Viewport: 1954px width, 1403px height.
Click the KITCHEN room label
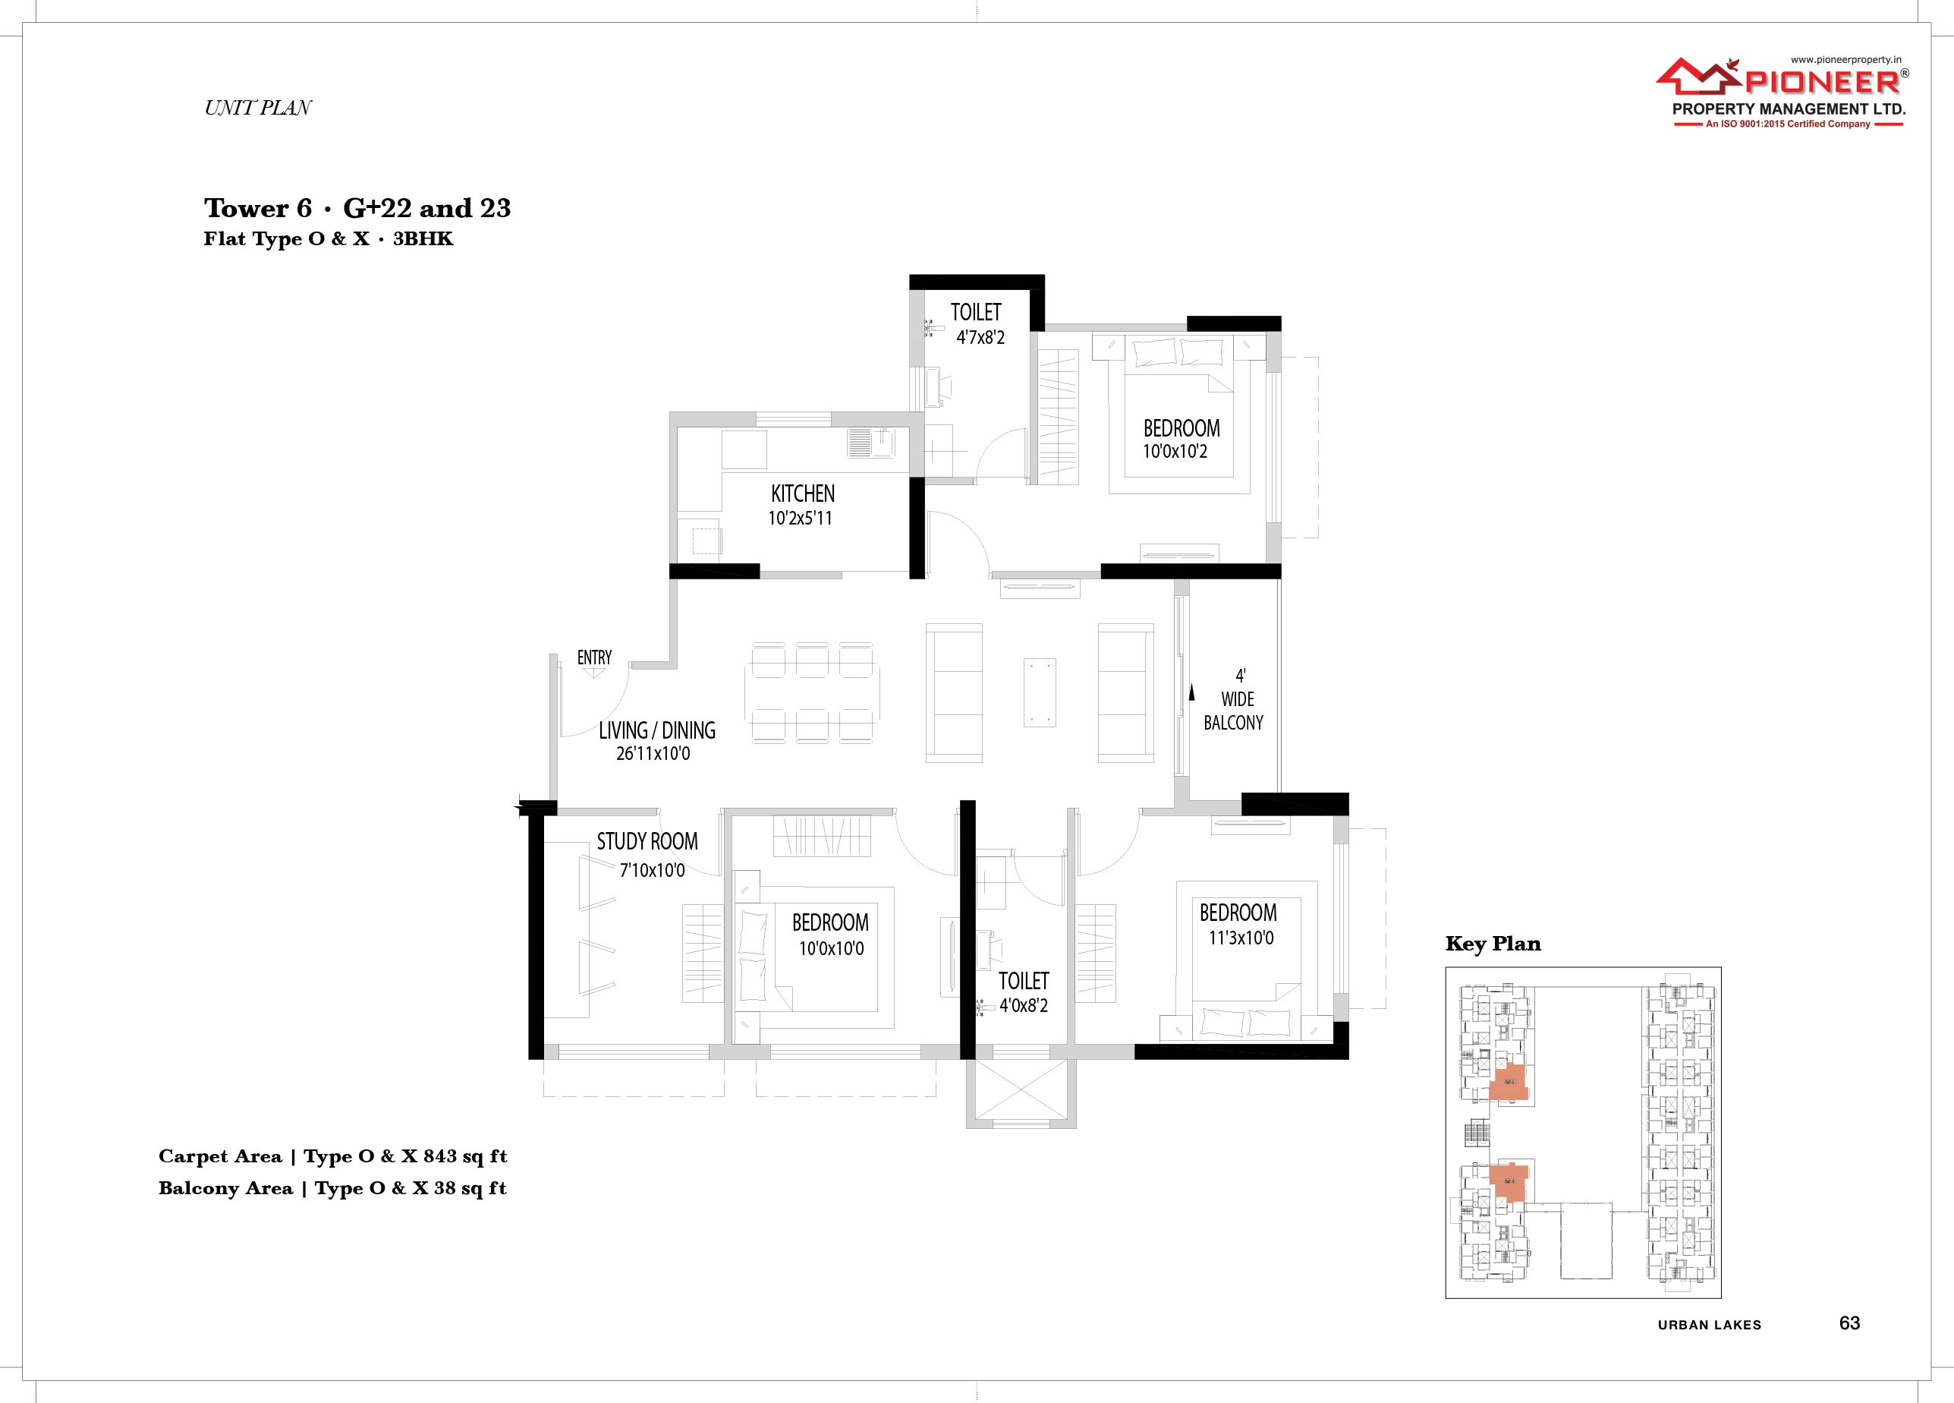click(x=802, y=493)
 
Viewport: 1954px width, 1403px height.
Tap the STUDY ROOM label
click(x=647, y=841)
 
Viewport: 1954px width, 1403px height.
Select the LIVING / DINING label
click(x=656, y=730)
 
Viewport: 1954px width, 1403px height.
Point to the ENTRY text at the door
click(x=594, y=657)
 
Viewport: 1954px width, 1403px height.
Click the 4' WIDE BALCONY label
click(x=1234, y=699)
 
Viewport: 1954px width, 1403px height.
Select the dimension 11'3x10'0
click(x=1241, y=938)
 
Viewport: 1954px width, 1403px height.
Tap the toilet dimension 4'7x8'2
click(x=980, y=338)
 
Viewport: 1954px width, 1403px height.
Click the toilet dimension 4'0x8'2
click(x=1024, y=1005)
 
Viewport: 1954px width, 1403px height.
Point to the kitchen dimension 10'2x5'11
click(x=800, y=518)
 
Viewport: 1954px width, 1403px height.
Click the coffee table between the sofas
click(x=1040, y=693)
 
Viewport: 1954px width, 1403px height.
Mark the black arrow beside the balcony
click(x=1192, y=691)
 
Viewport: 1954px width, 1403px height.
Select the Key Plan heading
click(x=1493, y=944)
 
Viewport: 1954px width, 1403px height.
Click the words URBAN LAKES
click(x=1710, y=1326)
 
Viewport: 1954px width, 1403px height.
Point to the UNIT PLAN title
click(x=257, y=108)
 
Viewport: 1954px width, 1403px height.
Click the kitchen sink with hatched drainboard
click(x=871, y=443)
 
